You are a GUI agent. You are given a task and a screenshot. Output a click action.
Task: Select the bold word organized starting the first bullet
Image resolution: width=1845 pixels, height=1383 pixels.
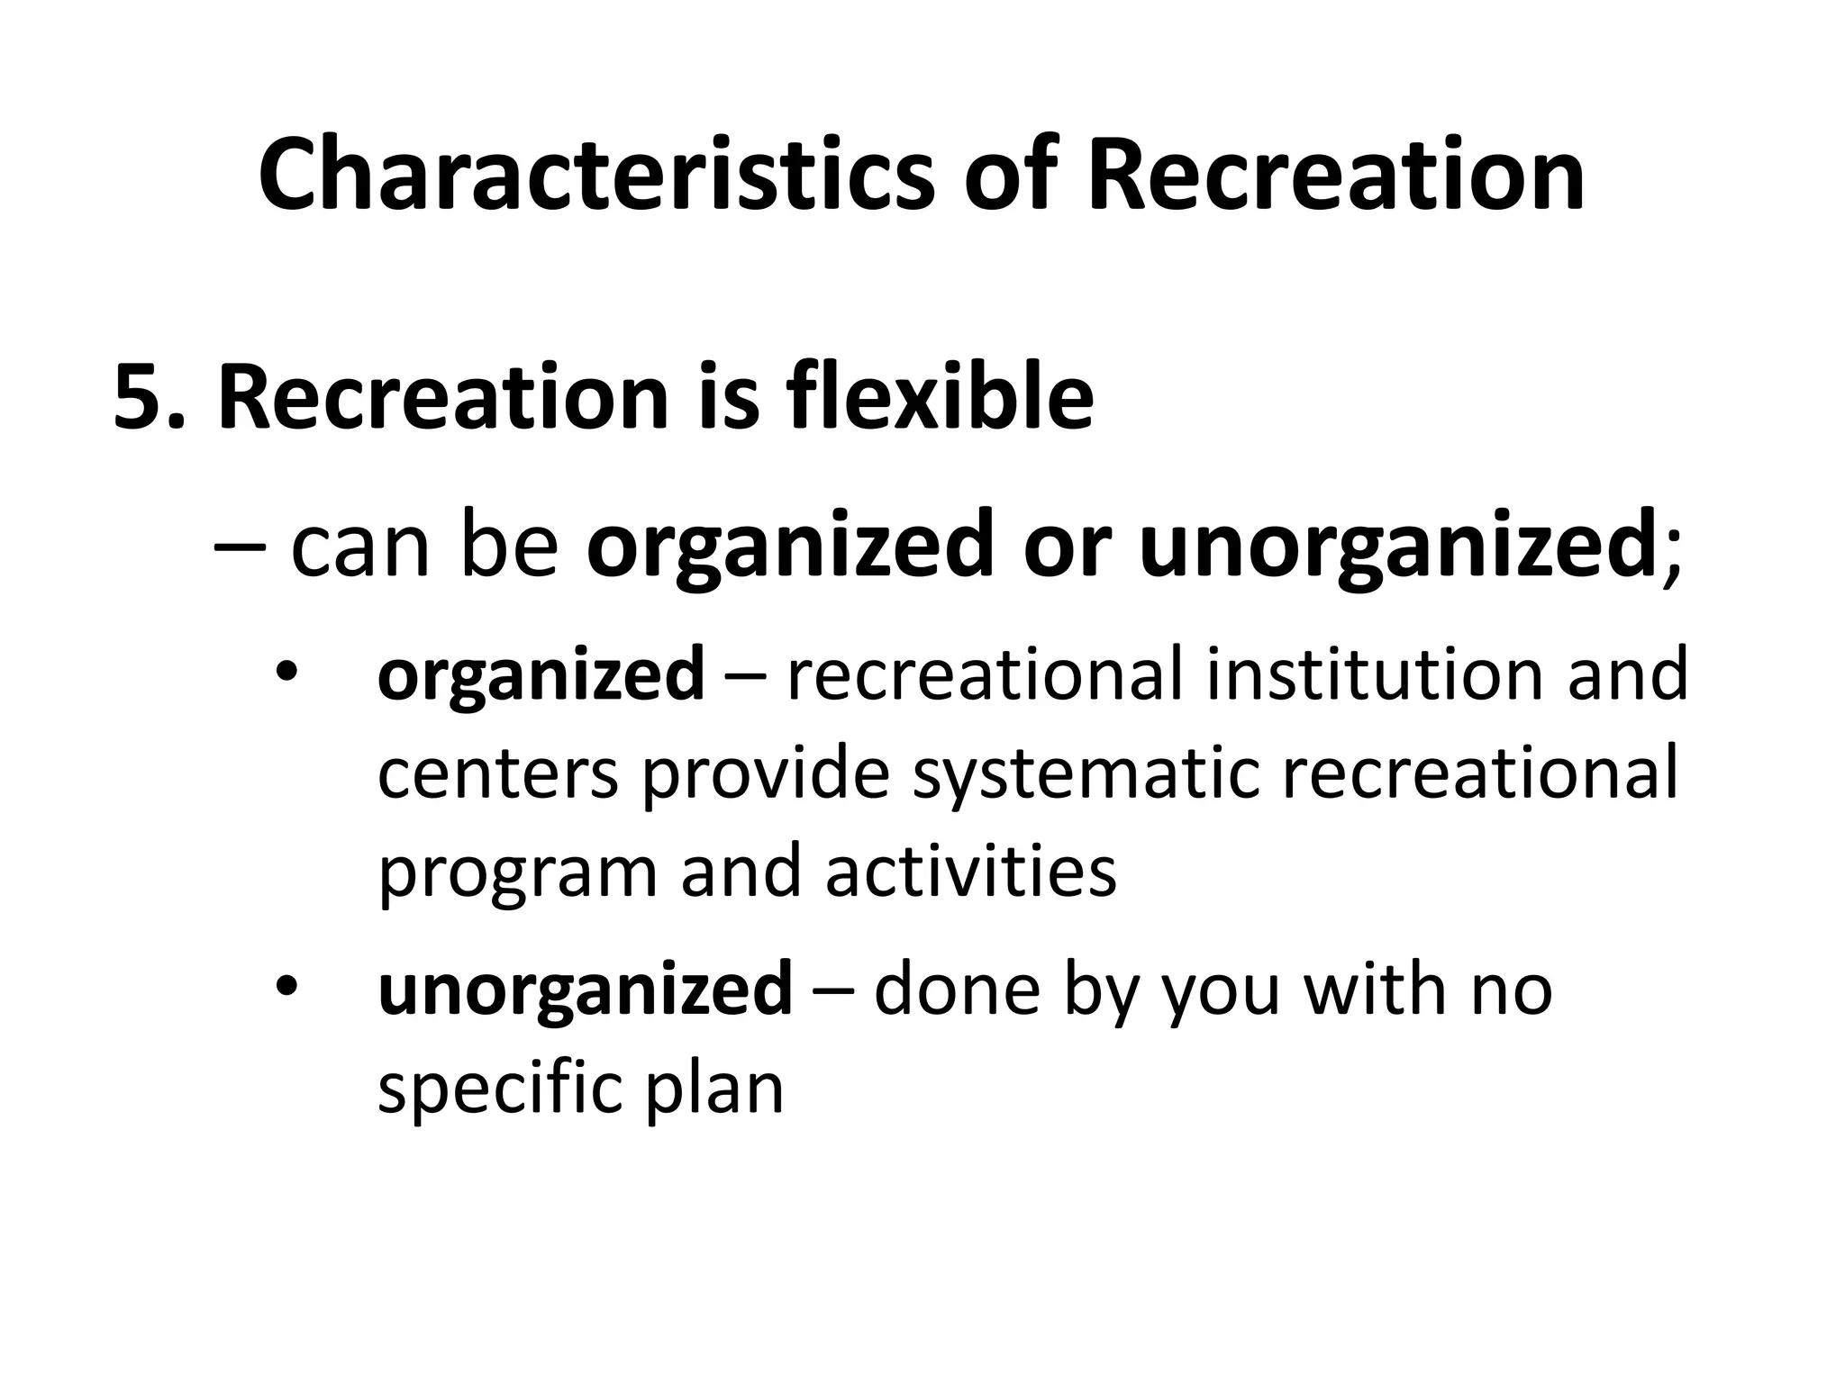pos(541,676)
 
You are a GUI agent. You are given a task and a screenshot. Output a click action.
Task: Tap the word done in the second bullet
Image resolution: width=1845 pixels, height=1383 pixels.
pos(957,988)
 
